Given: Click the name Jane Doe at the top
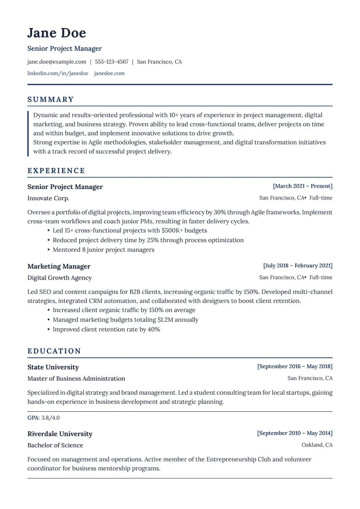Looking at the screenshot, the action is click(56, 33).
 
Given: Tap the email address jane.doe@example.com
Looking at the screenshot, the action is click(57, 62).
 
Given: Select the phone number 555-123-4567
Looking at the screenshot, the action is click(112, 62).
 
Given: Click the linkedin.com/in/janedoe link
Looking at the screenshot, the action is click(58, 73).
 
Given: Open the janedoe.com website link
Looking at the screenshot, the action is click(109, 73).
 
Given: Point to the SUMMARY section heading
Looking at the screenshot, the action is click(50, 99).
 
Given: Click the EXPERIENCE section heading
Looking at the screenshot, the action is click(56, 171).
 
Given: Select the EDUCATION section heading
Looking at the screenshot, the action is click(54, 351).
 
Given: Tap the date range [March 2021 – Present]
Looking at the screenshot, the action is click(302, 186).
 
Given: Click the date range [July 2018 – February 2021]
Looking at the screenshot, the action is click(298, 266).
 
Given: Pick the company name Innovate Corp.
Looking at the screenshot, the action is click(48, 198).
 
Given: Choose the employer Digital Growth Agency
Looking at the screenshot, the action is click(59, 278).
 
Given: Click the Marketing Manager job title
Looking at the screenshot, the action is click(59, 266).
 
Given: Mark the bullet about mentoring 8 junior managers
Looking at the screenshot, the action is click(103, 250).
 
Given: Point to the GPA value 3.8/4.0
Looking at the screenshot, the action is click(50, 418).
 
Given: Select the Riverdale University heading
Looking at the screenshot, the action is click(60, 434).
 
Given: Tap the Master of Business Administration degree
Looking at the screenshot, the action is click(76, 378).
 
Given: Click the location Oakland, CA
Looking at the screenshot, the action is click(317, 445).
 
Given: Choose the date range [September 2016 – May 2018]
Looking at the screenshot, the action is click(295, 366).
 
